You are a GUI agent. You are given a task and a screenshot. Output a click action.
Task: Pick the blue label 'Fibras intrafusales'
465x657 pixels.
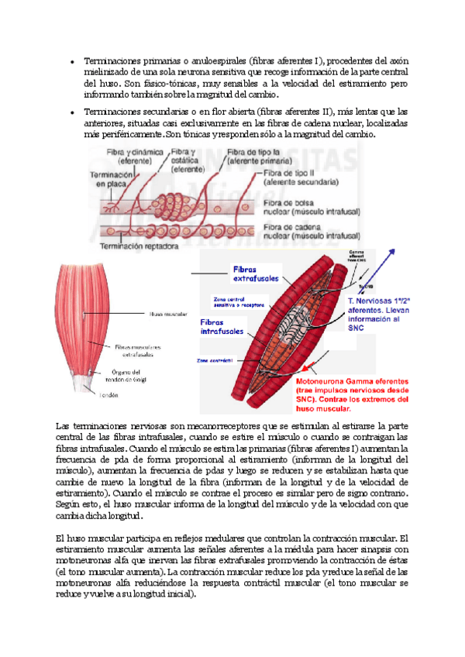222,326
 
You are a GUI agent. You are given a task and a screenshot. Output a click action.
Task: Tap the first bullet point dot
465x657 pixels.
72,61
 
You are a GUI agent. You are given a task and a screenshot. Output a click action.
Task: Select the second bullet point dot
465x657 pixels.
72,112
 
